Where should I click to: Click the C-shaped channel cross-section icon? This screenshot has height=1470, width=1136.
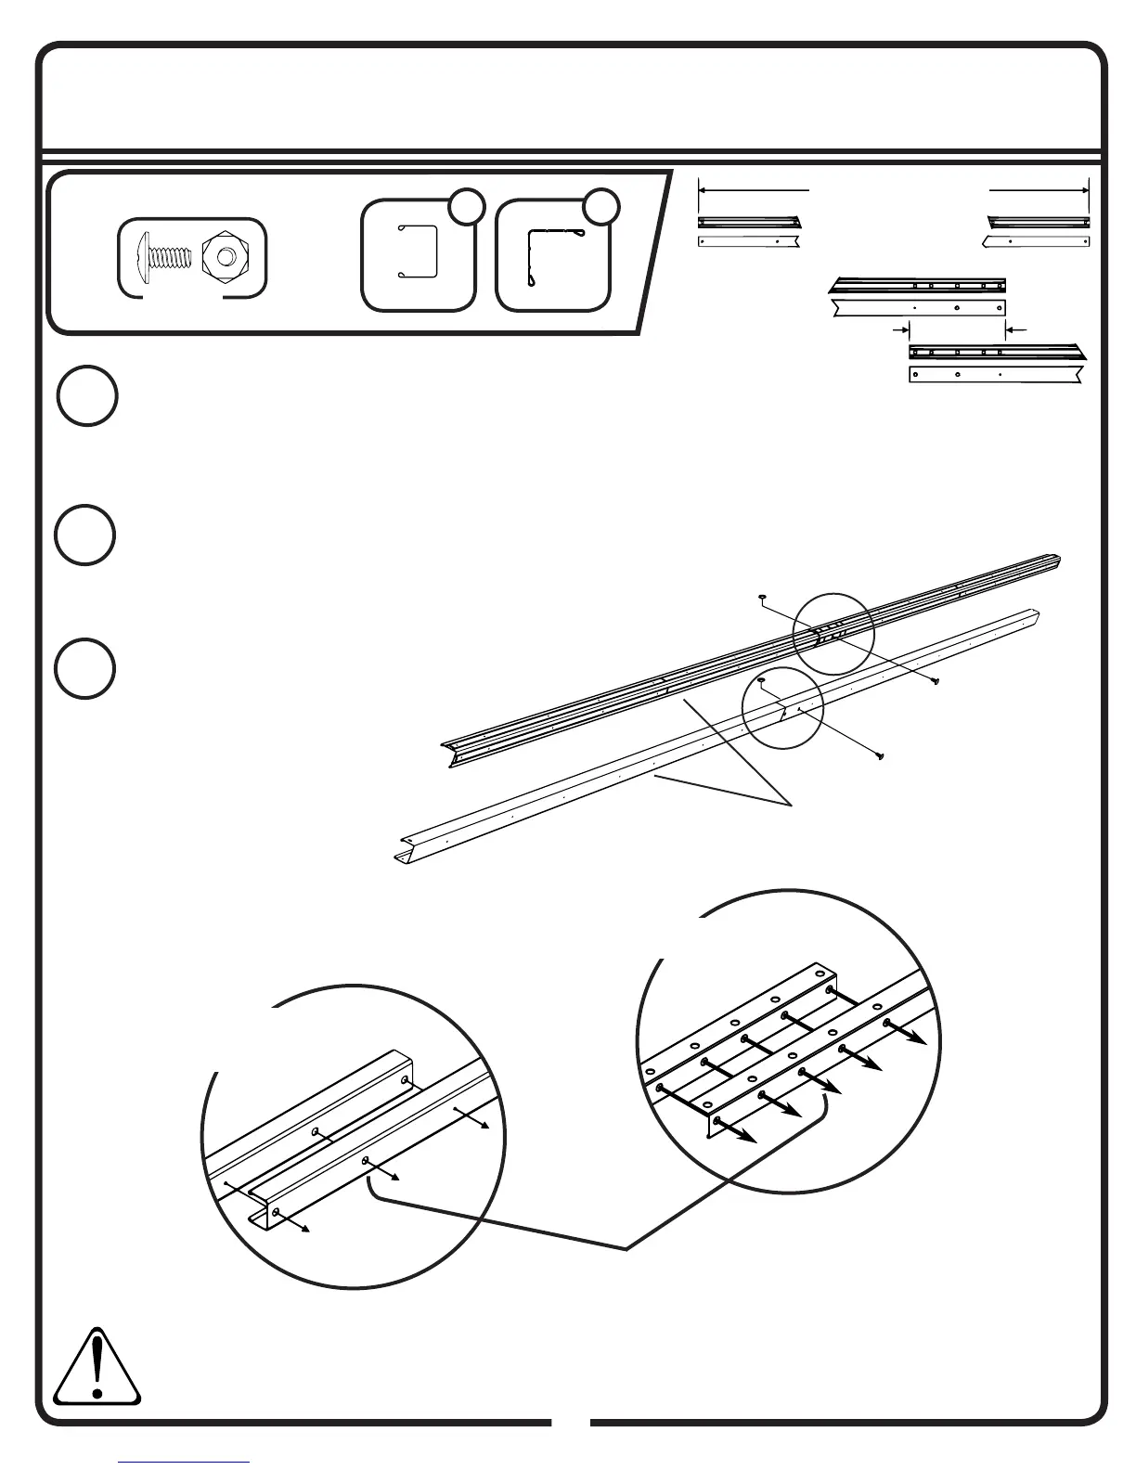pyautogui.click(x=417, y=252)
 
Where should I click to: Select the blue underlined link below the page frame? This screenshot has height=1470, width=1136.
pyautogui.click(x=184, y=1463)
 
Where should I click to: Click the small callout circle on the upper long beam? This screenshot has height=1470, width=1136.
pyautogui.click(x=833, y=633)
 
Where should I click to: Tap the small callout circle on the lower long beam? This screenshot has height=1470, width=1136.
pyautogui.click(x=782, y=706)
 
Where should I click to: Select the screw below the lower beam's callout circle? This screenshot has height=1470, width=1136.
pyautogui.click(x=877, y=756)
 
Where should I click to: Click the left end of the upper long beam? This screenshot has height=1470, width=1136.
pyautogui.click(x=449, y=752)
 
